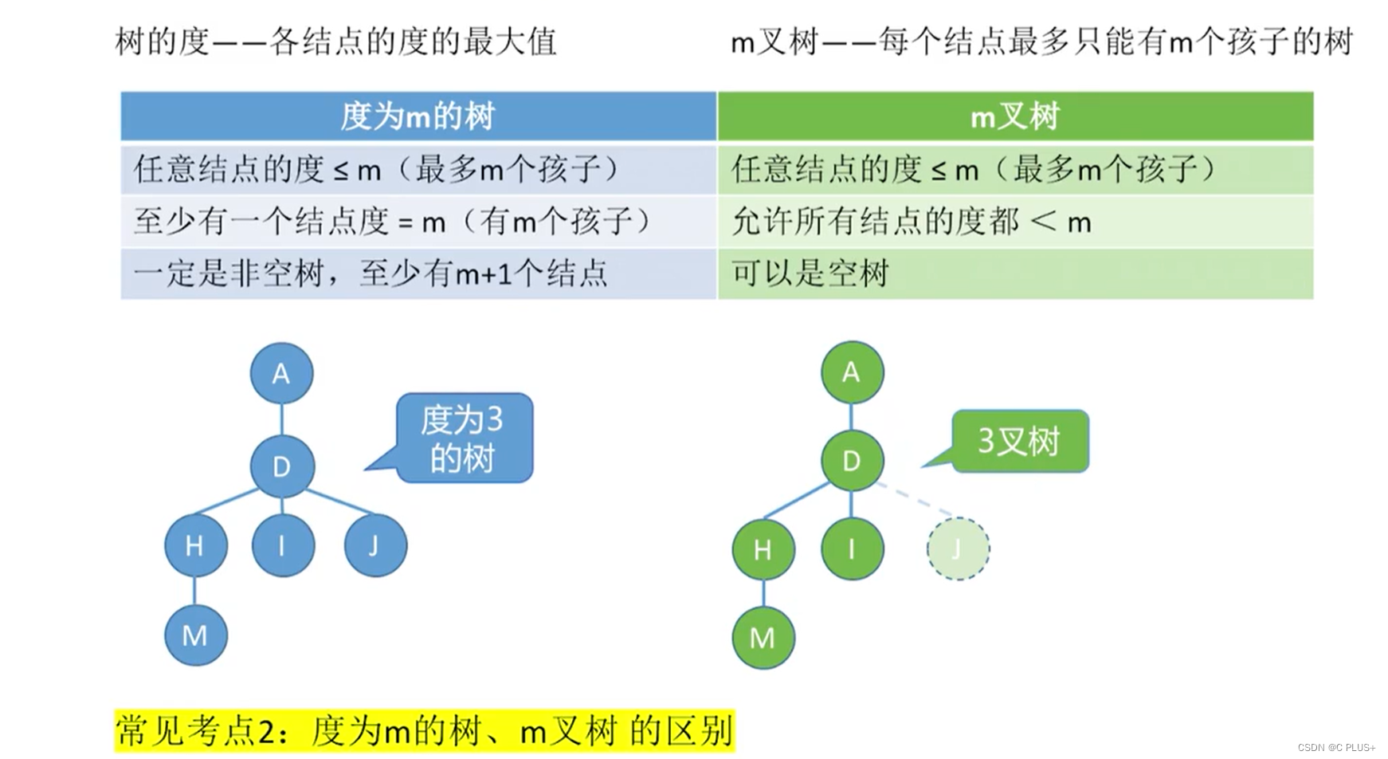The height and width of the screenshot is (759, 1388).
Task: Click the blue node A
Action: [x=281, y=373]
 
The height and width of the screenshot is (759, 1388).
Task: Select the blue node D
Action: [x=281, y=466]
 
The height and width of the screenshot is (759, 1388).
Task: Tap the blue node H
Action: [x=195, y=546]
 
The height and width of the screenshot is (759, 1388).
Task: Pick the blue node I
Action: [x=282, y=546]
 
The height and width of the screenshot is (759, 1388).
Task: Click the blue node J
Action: [x=374, y=546]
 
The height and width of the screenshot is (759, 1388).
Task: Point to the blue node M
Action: [x=195, y=635]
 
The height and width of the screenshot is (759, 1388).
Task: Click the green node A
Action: [x=852, y=372]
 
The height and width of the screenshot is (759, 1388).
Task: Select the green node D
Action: [x=852, y=461]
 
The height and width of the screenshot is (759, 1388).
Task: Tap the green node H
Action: [x=763, y=549]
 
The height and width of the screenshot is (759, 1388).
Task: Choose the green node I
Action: [x=852, y=549]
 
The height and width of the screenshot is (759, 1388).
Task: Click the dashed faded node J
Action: [x=958, y=549]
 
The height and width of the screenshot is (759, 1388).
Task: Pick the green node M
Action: [x=763, y=638]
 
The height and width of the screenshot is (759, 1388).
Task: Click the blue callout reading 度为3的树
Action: [x=464, y=438]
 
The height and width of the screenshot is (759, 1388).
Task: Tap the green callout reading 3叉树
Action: [x=1019, y=441]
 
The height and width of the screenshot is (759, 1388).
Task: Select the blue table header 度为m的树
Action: [x=418, y=116]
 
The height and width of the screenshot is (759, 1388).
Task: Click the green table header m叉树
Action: [x=1015, y=116]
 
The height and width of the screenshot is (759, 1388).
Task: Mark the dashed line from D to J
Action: [x=916, y=499]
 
